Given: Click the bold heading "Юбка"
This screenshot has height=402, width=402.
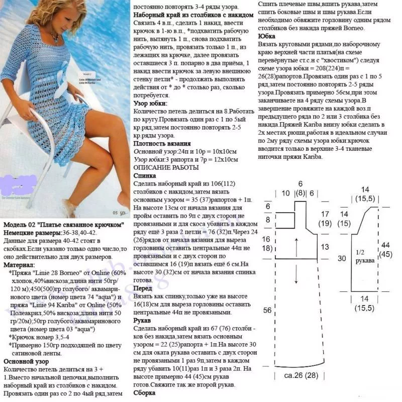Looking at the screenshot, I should point(265,37).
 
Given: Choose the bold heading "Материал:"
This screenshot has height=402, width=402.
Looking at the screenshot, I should point(20,265).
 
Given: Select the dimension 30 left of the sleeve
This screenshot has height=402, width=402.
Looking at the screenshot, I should point(342,258).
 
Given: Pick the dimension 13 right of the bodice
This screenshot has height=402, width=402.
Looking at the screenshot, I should point(325,247).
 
